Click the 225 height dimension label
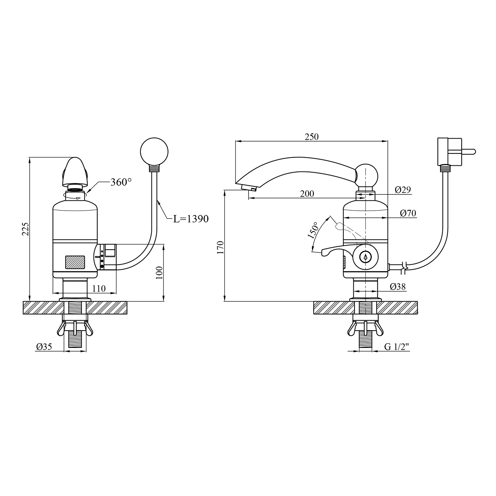26,229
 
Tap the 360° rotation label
121,182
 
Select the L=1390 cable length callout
191,219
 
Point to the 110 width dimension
99,288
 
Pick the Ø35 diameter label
44,347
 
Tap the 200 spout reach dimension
307,194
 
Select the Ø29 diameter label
403,189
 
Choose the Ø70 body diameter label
408,213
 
